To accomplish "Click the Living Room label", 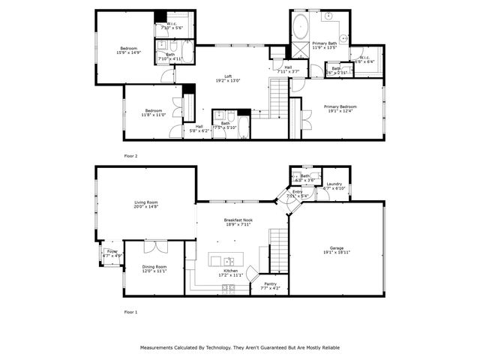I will click(145, 202).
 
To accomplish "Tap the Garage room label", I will click(337, 248).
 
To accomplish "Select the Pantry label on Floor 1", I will click(270, 284).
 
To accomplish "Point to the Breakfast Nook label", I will click(238, 220).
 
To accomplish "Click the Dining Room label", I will click(155, 267).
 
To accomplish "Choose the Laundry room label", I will click(334, 184).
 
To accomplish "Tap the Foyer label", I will click(112, 252).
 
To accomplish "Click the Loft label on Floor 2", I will click(229, 76).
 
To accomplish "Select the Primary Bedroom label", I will click(340, 106).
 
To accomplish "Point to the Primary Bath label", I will click(325, 43).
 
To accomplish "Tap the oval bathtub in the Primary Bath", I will click(300, 27).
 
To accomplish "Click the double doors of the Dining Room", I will click(156, 246).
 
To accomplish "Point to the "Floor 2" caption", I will click(130, 155).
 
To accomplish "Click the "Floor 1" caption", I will click(130, 311).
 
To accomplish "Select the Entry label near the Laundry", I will click(298, 192).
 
